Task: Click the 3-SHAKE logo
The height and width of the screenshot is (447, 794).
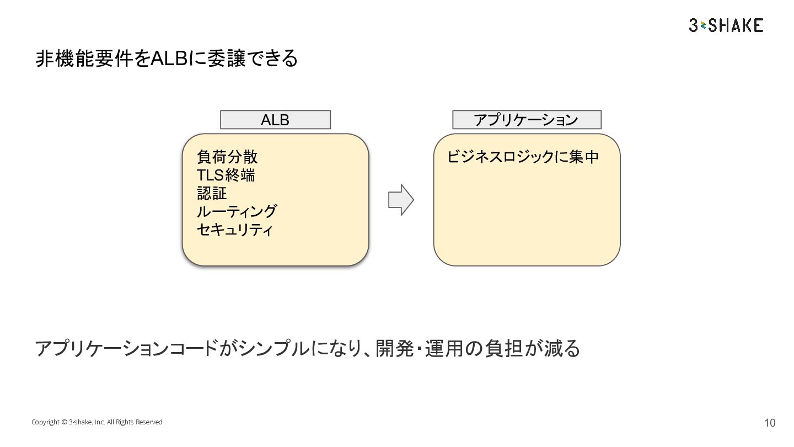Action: (726, 25)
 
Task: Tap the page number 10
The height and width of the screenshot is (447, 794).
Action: (770, 423)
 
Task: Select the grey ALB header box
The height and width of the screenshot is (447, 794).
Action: (275, 120)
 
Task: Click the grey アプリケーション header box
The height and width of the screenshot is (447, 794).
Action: (527, 120)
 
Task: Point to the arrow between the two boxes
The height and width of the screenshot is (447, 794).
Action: (401, 200)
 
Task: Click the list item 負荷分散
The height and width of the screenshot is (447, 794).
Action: (227, 157)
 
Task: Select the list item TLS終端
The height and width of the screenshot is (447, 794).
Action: (226, 175)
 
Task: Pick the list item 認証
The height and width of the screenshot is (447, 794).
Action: (212, 193)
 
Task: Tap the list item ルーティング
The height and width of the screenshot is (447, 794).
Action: (237, 211)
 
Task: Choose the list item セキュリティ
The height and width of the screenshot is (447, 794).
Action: (235, 230)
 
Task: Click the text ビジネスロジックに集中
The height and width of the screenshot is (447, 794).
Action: (523, 157)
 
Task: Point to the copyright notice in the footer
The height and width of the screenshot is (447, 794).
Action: (98, 422)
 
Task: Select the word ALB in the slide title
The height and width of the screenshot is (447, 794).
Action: (169, 58)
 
